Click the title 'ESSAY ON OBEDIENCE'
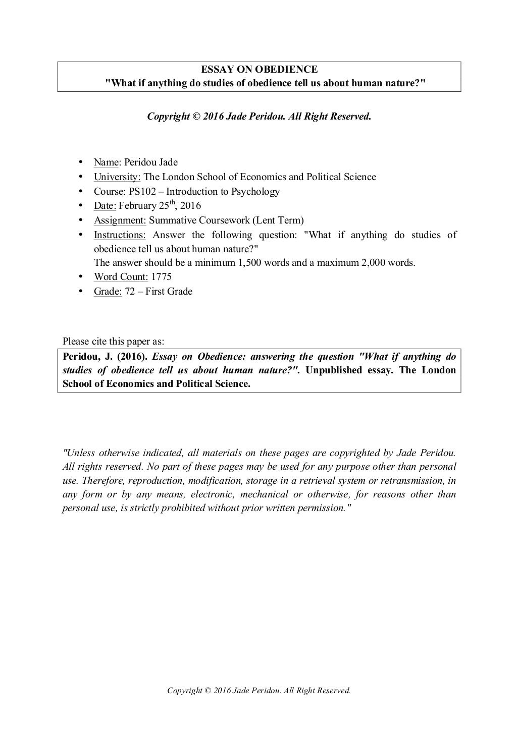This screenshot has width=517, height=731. [x=259, y=70]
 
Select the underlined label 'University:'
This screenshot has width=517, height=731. [x=117, y=177]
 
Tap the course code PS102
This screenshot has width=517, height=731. [x=146, y=192]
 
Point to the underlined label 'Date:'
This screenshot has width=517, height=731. [x=105, y=206]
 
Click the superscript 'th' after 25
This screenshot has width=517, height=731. [x=172, y=202]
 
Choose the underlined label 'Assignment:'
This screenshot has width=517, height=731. [x=120, y=220]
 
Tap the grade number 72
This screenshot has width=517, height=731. [x=130, y=292]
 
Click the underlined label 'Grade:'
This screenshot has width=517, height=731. [x=108, y=292]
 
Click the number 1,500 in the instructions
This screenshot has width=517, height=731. [x=249, y=263]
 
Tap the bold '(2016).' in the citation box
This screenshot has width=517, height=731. [x=133, y=357]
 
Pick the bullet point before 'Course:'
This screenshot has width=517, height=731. [x=81, y=191]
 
